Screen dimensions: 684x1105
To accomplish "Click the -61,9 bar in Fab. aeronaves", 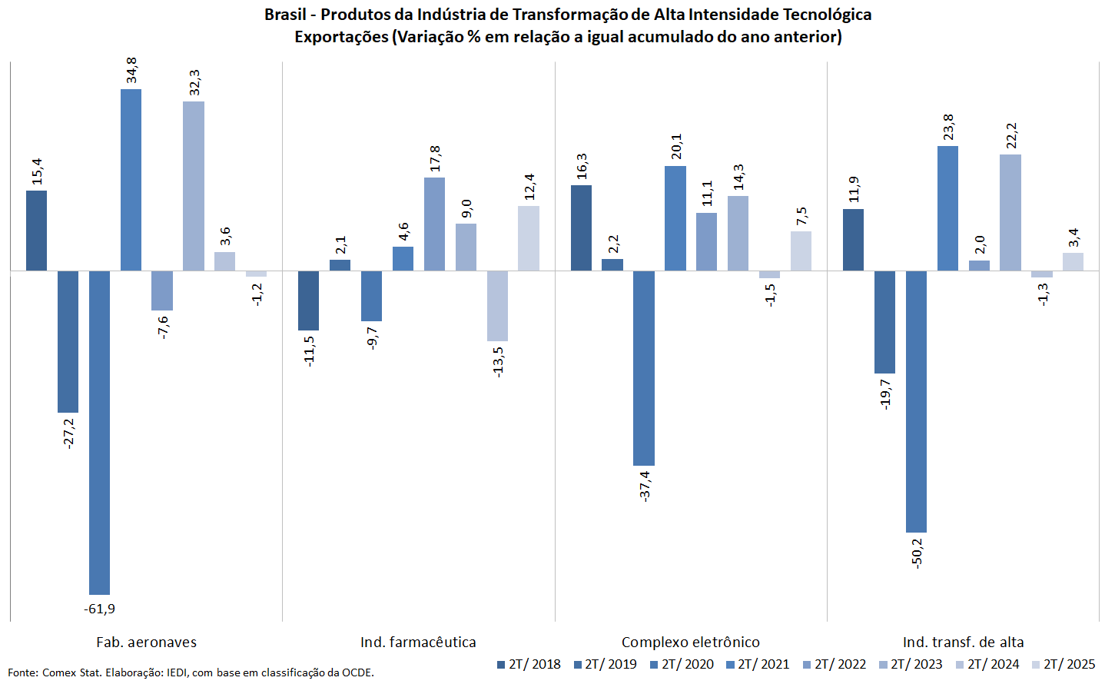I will point(99,433).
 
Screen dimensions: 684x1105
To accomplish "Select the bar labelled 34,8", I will point(131,180).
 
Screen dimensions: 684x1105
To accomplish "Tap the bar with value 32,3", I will point(194,186).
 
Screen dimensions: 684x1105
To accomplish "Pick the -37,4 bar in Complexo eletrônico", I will point(644,368).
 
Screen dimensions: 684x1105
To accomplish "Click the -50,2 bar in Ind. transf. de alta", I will point(916,401).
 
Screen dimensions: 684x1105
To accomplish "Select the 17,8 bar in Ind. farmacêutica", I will point(434,224).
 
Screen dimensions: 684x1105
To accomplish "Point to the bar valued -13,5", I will point(497,306).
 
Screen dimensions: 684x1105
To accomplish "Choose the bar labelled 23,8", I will point(947,208).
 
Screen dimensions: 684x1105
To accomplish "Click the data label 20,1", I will point(676,146).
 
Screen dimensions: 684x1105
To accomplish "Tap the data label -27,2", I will point(68,433).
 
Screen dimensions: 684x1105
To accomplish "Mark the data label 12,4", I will point(529,187).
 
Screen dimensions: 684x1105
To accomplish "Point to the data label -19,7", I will point(885,393).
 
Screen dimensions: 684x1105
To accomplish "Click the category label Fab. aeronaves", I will point(146,642).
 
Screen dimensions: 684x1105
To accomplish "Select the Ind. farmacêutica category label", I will point(418,642).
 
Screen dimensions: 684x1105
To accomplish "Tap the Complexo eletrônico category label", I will point(690,642).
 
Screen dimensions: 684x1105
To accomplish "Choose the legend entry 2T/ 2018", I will point(529,665).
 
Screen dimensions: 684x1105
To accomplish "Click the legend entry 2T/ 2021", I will point(758,665).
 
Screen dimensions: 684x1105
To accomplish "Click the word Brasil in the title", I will point(285,15).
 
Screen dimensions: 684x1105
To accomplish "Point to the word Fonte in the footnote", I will point(22,672).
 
